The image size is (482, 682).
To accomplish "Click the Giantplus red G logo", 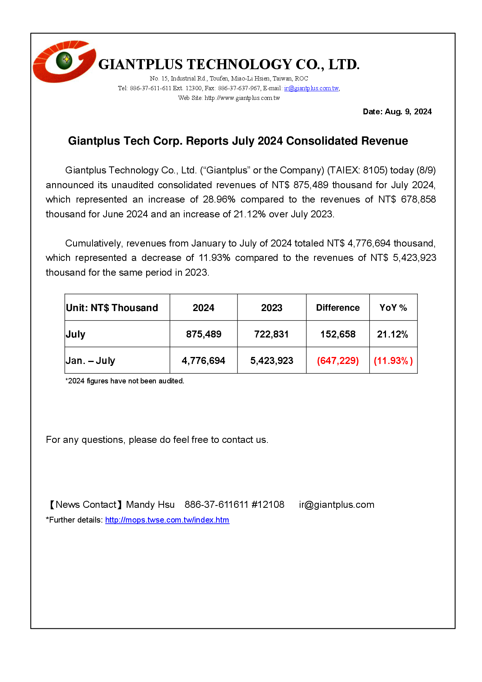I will [x=64, y=61].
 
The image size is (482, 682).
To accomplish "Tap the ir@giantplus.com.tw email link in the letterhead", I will [x=311, y=88].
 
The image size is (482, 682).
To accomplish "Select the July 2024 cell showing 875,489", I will [x=204, y=334].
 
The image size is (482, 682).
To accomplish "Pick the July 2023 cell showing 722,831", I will [x=271, y=334].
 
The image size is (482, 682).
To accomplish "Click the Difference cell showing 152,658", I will [x=338, y=334].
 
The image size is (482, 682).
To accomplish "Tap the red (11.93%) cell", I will [x=393, y=361].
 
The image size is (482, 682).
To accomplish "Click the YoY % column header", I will [x=393, y=308].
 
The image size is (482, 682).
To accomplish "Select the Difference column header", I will [x=338, y=308].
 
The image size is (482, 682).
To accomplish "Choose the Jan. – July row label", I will [x=91, y=361].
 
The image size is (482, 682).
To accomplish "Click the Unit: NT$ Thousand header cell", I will [x=112, y=308].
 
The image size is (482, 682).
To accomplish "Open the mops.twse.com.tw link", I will [x=167, y=520].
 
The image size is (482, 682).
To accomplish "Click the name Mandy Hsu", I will [x=150, y=505].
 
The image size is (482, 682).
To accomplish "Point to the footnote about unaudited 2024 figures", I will [x=125, y=381].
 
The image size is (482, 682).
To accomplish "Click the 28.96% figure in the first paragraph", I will [x=219, y=199].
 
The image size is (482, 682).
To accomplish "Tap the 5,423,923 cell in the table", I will [x=272, y=361].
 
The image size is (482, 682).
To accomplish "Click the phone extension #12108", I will [x=268, y=505].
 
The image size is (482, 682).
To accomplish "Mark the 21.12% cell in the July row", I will [x=393, y=334].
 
